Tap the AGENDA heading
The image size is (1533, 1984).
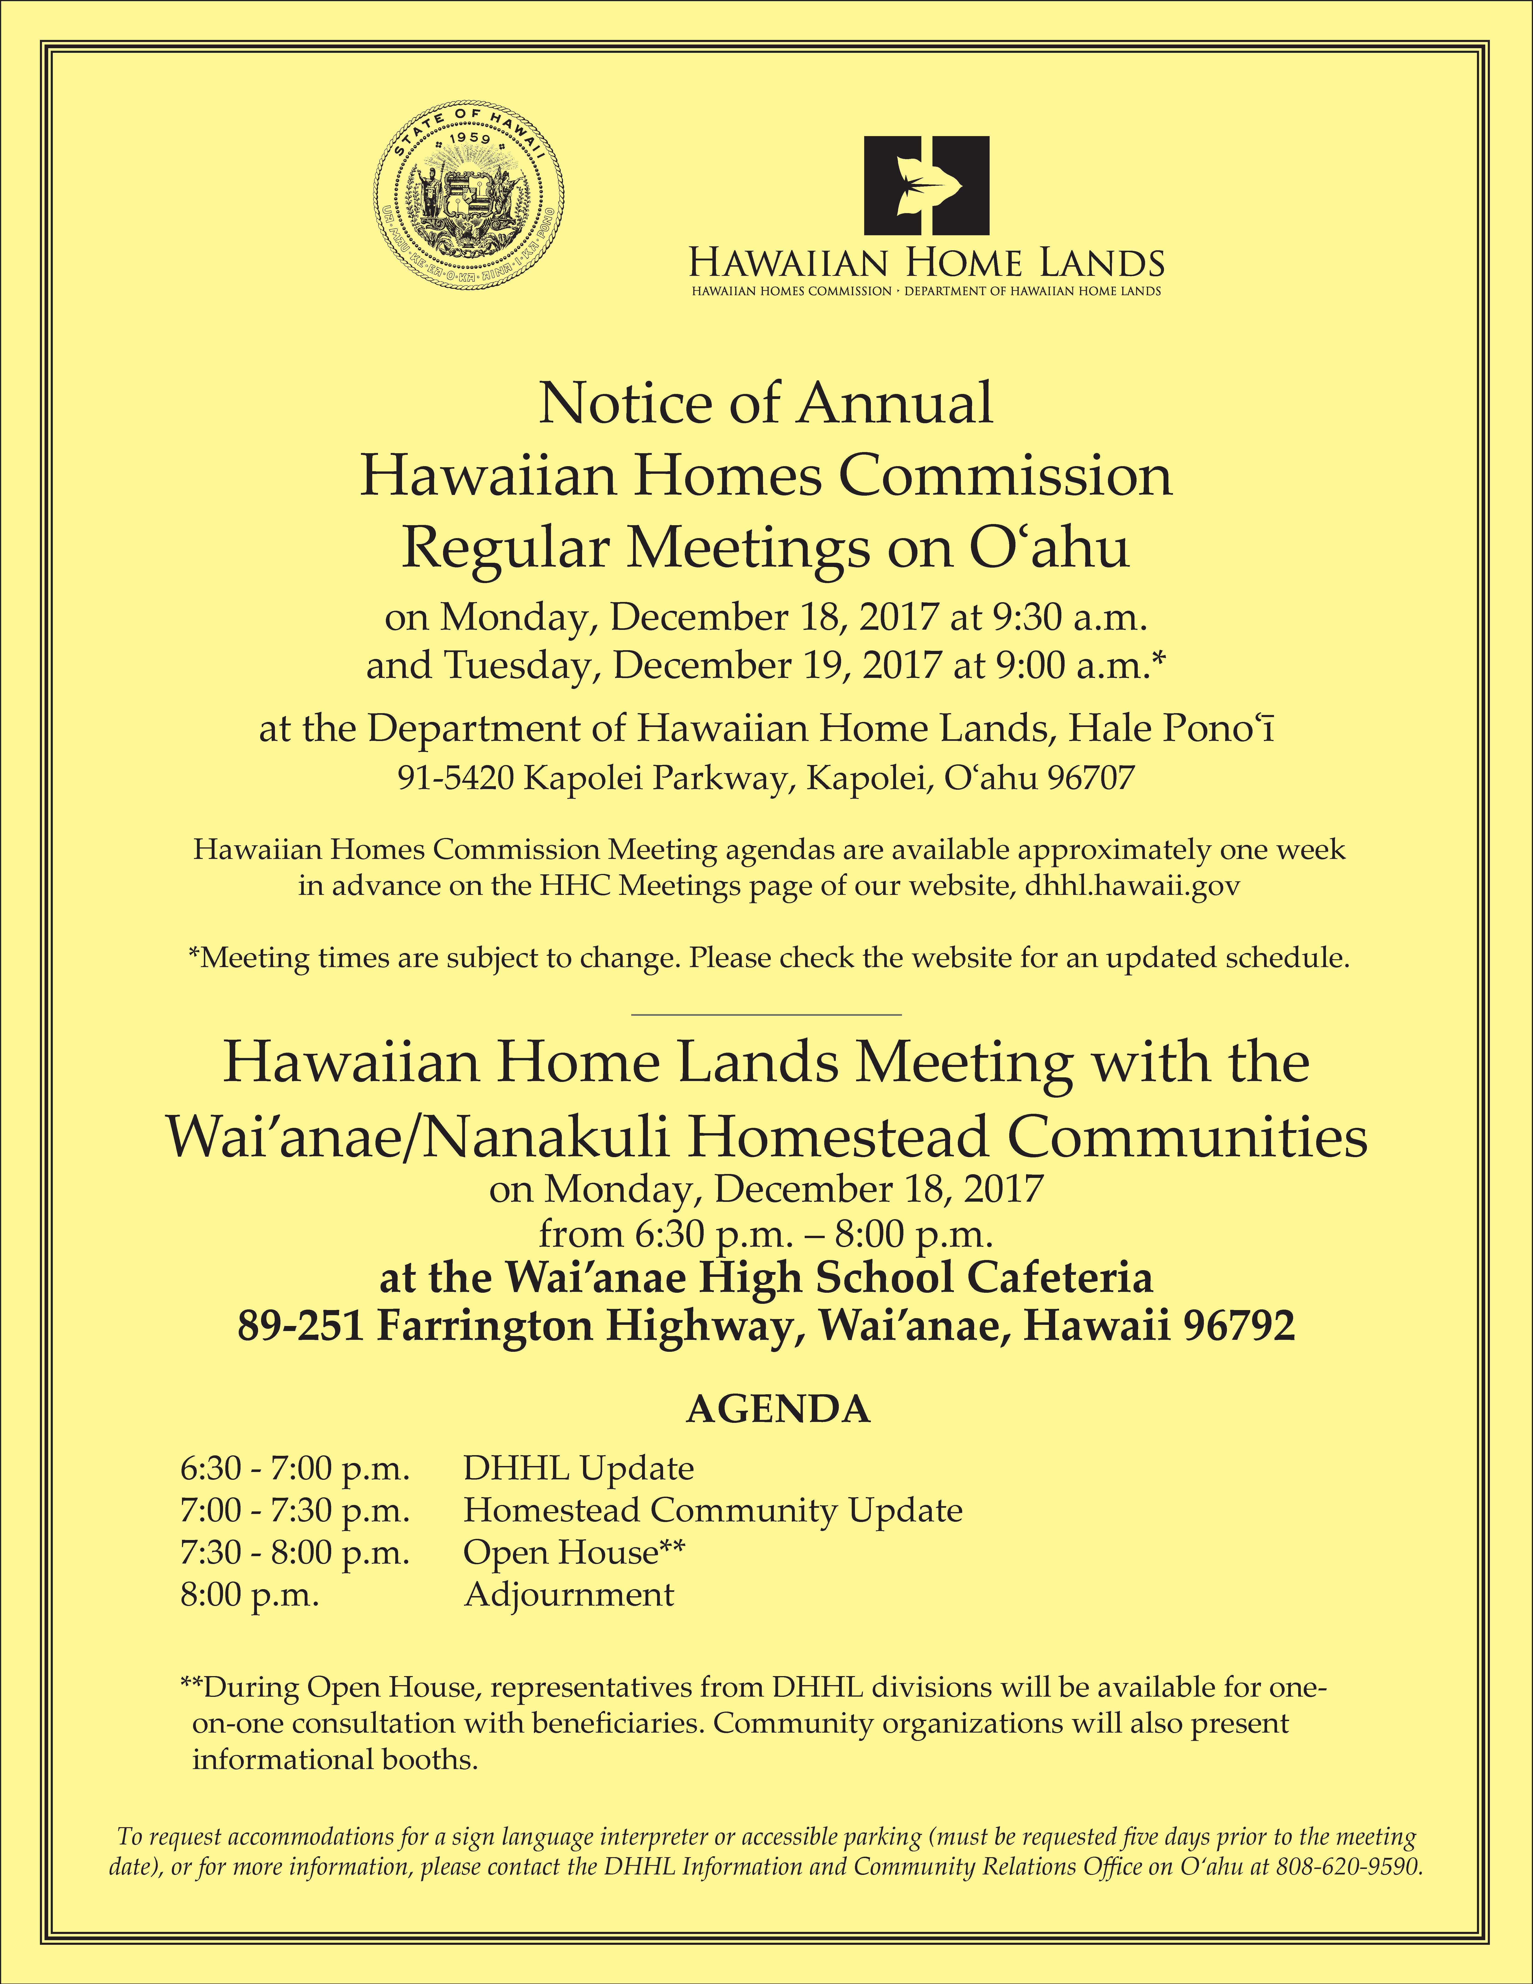pos(778,1410)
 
